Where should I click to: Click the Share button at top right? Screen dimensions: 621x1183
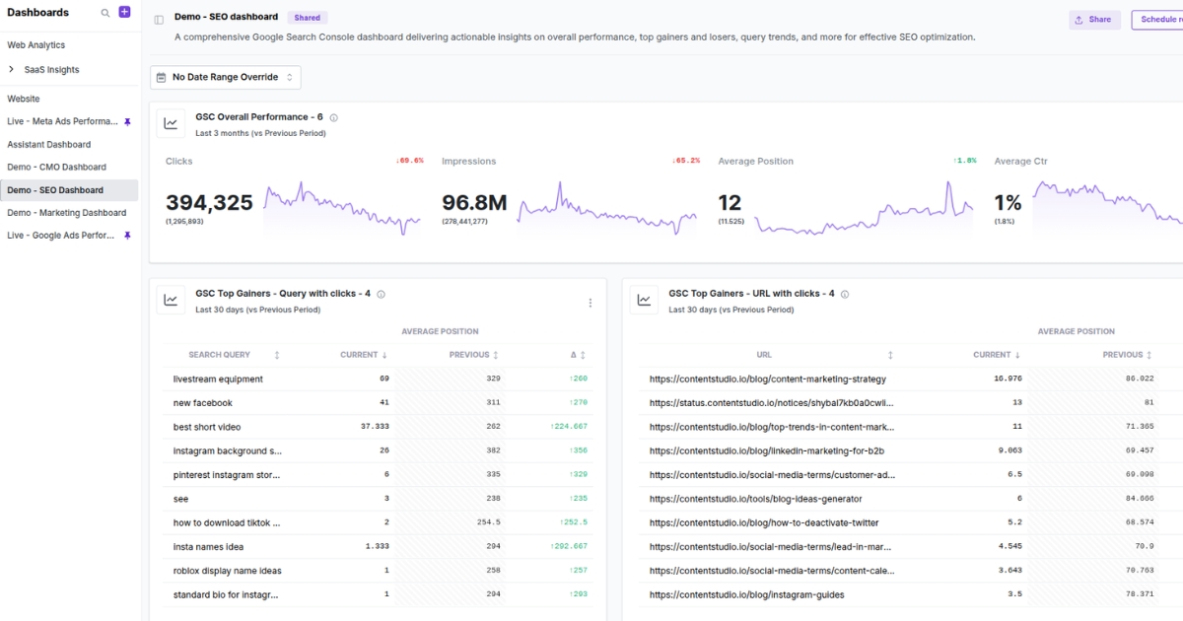click(x=1093, y=20)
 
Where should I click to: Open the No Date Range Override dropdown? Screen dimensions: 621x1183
click(x=226, y=77)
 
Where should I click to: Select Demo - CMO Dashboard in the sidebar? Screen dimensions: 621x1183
click(x=56, y=167)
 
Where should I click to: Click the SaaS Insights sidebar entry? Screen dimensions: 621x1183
click(x=51, y=70)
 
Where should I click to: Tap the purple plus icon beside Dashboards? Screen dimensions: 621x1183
click(x=124, y=12)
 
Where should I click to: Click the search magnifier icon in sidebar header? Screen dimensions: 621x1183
click(x=105, y=13)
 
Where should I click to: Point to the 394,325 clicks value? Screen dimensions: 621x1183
click(x=209, y=203)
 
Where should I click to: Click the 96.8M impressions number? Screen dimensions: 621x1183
click(x=474, y=203)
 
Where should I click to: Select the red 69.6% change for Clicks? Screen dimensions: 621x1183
click(x=409, y=161)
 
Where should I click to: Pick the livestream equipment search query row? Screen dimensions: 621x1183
click(x=218, y=379)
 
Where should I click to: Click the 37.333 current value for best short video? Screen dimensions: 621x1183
click(x=375, y=427)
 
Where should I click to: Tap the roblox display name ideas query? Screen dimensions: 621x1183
click(x=227, y=571)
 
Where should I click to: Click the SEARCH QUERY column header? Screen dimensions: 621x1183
click(x=220, y=355)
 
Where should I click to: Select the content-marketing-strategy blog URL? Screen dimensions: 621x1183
click(x=767, y=379)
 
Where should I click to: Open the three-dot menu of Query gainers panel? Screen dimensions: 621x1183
click(x=591, y=303)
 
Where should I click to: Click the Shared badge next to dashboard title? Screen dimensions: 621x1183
click(x=308, y=18)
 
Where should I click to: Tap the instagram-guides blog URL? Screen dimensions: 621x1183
click(x=746, y=594)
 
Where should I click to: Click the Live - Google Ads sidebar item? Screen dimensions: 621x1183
click(x=61, y=236)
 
